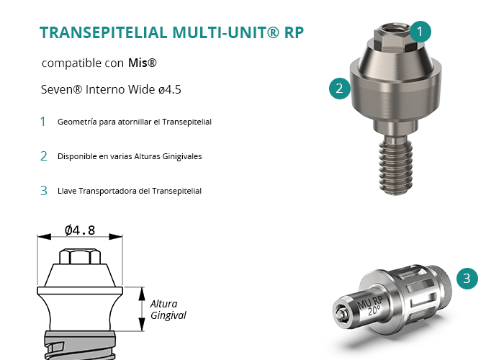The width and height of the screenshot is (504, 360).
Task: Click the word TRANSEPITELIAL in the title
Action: pyautogui.click(x=104, y=32)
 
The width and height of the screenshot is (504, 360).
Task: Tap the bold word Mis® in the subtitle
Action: pyautogui.click(x=143, y=63)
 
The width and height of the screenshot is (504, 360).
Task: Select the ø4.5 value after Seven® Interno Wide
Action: pyautogui.click(x=170, y=89)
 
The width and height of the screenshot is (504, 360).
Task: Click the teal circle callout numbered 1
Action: pyautogui.click(x=420, y=32)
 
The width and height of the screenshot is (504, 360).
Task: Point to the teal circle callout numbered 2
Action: pyautogui.click(x=340, y=89)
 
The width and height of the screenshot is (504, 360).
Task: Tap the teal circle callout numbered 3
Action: pyautogui.click(x=467, y=279)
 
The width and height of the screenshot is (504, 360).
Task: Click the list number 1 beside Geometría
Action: pyautogui.click(x=42, y=122)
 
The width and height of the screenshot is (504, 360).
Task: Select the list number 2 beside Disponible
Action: pyautogui.click(x=44, y=156)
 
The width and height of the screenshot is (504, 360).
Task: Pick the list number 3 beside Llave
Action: pyautogui.click(x=44, y=191)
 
